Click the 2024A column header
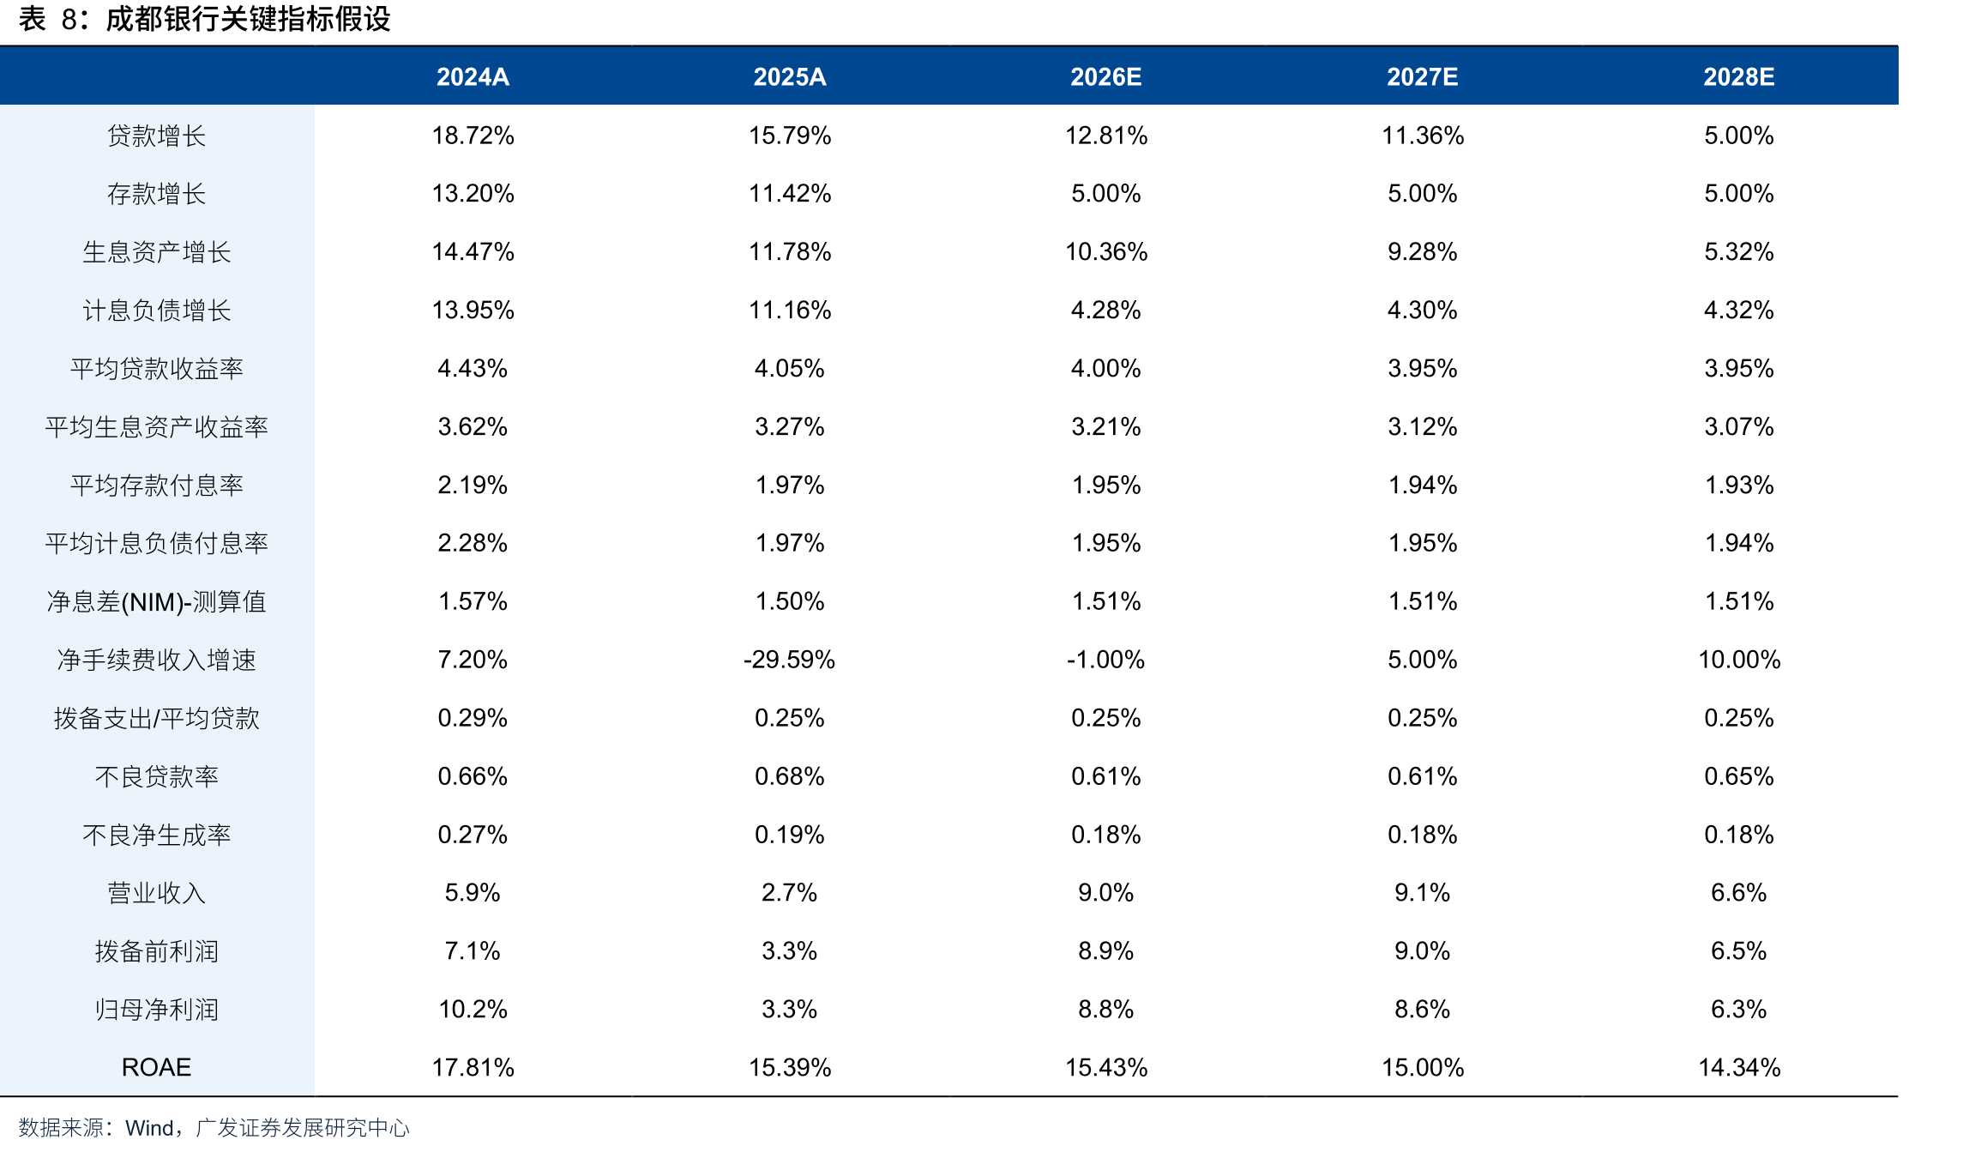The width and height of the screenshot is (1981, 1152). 473,77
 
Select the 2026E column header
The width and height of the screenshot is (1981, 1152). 1105,77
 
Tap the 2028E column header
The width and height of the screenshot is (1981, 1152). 1738,77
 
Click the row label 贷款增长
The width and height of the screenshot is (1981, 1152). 156,136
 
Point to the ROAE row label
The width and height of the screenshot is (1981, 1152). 156,1067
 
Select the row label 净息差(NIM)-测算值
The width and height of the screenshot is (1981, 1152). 156,601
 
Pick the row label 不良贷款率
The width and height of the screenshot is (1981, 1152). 156,776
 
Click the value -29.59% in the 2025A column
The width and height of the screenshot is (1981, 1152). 789,660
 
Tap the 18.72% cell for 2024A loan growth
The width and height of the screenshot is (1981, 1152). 473,136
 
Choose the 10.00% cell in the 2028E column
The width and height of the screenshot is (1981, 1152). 1739,660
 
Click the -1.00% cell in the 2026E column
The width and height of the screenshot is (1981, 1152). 1105,660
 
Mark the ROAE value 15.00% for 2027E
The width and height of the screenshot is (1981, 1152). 1423,1067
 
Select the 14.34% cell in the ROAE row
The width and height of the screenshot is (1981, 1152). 1739,1067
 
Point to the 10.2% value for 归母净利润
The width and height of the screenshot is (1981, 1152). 473,1009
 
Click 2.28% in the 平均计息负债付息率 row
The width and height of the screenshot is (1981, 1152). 473,543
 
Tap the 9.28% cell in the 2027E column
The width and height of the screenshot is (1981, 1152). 1423,251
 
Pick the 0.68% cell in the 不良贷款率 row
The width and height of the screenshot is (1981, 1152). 789,776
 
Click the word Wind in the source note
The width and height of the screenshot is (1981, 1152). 149,1127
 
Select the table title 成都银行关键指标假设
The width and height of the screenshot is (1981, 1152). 248,19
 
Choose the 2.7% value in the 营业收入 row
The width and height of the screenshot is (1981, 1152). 789,892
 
